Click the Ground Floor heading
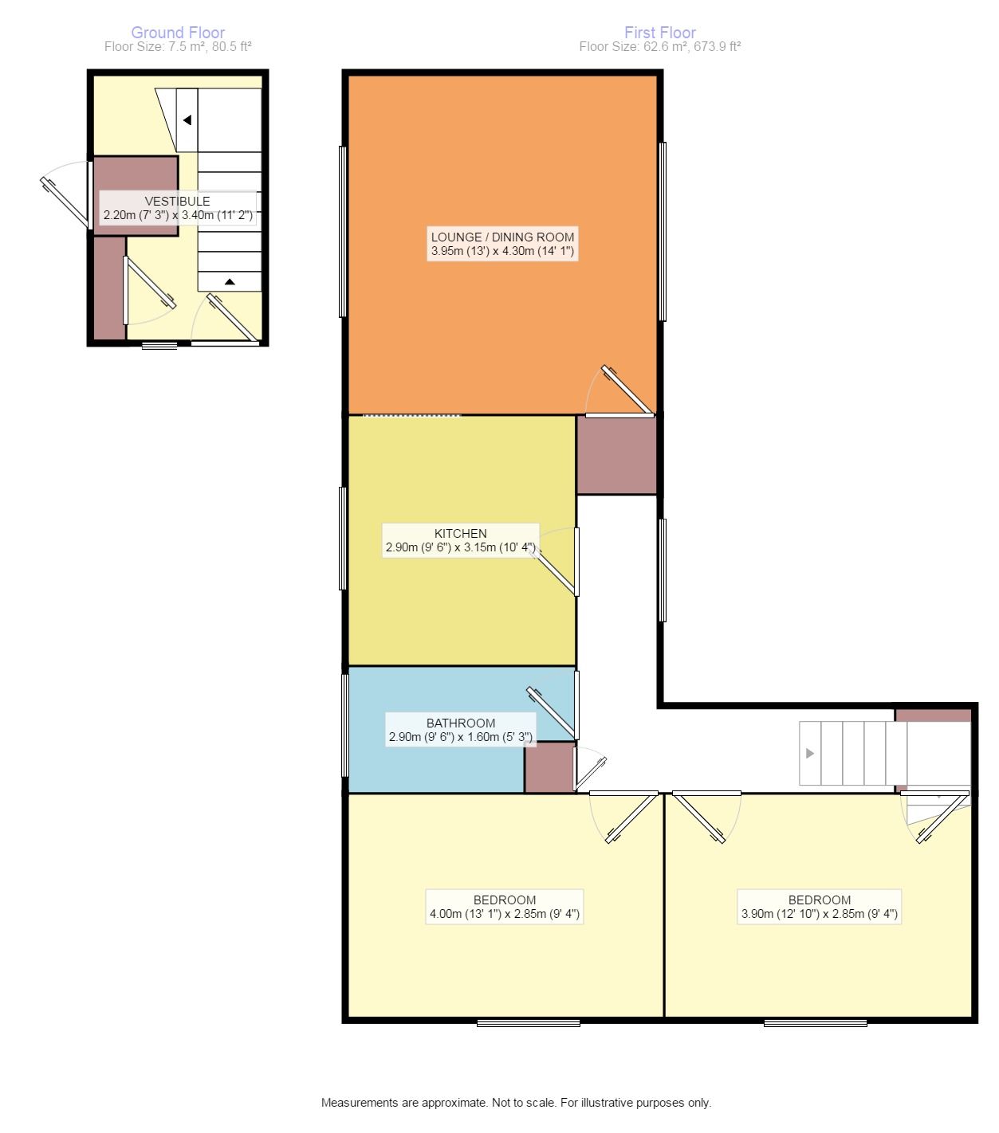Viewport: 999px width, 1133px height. pos(178,33)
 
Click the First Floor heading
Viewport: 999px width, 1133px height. pos(660,33)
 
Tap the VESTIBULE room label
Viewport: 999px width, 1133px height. pos(178,202)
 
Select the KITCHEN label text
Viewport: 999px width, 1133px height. pos(460,534)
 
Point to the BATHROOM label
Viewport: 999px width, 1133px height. pos(461,723)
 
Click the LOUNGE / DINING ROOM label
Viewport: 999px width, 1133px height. pos(502,237)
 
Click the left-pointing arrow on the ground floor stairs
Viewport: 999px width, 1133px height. pos(187,120)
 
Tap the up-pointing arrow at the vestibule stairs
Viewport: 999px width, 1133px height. pos(230,282)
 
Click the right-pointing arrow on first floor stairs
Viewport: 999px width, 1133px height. pos(809,753)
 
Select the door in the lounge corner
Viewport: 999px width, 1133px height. pos(627,390)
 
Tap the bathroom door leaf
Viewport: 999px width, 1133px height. pos(551,712)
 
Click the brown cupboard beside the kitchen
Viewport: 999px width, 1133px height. pos(616,455)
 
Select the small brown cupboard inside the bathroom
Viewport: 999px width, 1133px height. pos(549,767)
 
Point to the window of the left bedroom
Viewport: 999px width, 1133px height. pos(529,1023)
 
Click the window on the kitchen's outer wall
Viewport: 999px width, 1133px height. pos(343,539)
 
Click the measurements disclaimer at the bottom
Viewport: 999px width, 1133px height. pos(516,1103)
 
